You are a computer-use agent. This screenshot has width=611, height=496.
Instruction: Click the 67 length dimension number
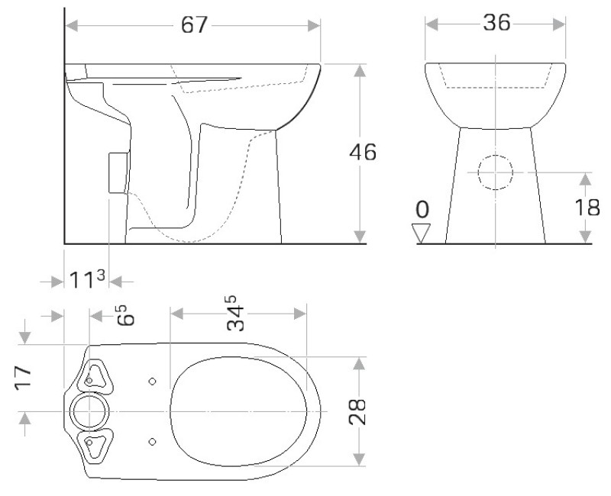(194, 24)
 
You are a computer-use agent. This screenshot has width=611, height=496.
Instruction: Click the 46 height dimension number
(363, 153)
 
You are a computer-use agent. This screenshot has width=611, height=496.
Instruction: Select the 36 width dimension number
(496, 24)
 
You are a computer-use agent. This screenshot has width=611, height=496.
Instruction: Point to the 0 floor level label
(422, 209)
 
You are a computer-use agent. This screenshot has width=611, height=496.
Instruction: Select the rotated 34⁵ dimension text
(238, 314)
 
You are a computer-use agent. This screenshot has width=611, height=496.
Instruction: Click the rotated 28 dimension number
(360, 411)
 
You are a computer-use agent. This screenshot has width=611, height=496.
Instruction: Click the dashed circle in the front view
(495, 172)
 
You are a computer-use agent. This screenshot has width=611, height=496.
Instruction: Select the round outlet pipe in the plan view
(90, 412)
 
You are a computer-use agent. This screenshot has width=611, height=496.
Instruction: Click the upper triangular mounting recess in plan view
(96, 376)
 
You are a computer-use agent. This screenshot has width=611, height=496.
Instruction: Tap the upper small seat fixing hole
(152, 381)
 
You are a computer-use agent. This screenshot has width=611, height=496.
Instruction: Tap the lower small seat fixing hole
(152, 441)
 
